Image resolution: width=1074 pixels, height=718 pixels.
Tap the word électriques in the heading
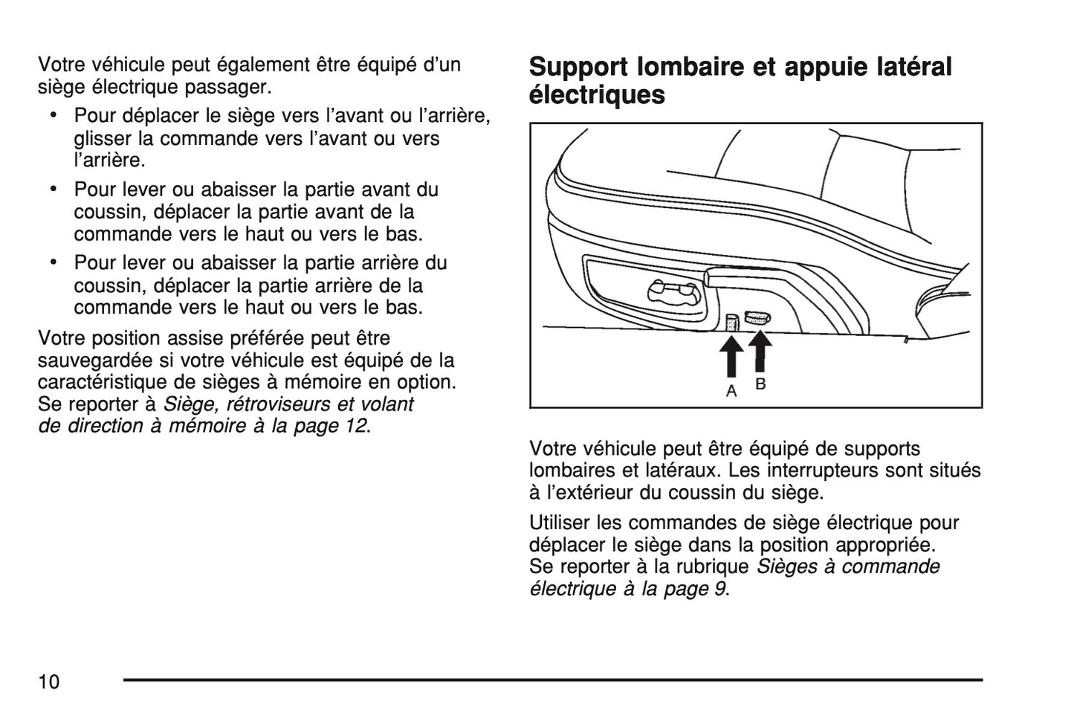pyautogui.click(x=597, y=95)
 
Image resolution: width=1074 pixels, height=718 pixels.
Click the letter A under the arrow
pyautogui.click(x=731, y=390)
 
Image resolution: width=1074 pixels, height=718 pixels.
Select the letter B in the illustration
pyautogui.click(x=760, y=384)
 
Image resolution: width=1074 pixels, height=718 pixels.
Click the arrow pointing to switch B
pyautogui.click(x=760, y=350)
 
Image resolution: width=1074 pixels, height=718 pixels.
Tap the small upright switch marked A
pyautogui.click(x=731, y=322)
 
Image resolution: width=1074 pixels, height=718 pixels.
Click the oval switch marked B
pyautogui.click(x=757, y=318)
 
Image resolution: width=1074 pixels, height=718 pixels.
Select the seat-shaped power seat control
pyautogui.click(x=672, y=293)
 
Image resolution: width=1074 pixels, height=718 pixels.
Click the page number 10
pyautogui.click(x=49, y=682)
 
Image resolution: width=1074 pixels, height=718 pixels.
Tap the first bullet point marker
pyautogui.click(x=54, y=115)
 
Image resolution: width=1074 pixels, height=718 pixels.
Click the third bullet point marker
pyautogui.click(x=54, y=262)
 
